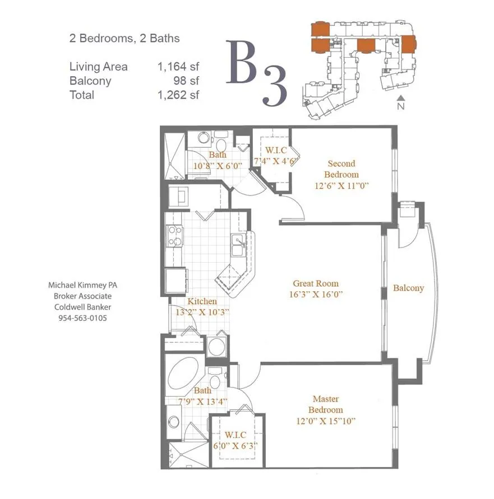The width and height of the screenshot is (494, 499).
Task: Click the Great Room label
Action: [316, 283]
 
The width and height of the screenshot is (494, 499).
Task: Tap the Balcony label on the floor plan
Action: [408, 288]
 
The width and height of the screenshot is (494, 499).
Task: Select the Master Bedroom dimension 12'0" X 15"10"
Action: [326, 421]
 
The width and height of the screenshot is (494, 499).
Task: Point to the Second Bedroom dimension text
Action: [341, 185]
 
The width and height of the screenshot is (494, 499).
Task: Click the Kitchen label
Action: [202, 301]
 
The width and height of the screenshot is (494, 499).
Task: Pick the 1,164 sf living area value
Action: [178, 67]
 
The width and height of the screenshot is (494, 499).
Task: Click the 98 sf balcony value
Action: [186, 81]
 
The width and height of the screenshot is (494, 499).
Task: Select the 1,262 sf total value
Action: [178, 95]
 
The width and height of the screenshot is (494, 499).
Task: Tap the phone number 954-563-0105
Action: [82, 318]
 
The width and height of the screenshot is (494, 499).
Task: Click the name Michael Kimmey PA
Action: [82, 285]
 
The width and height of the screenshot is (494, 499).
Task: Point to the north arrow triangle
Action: [401, 97]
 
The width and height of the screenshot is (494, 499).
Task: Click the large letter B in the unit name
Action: [242, 62]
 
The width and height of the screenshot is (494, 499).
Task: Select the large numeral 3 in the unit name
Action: [275, 86]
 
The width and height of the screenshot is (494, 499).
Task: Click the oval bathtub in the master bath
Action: [183, 373]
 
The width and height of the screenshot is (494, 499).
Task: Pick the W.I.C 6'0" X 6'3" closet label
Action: [236, 440]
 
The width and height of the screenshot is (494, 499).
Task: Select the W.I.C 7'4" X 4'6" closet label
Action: [276, 156]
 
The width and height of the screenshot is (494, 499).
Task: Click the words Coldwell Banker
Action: [82, 307]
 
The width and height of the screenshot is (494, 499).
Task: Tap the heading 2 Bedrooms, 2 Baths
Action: [124, 39]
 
